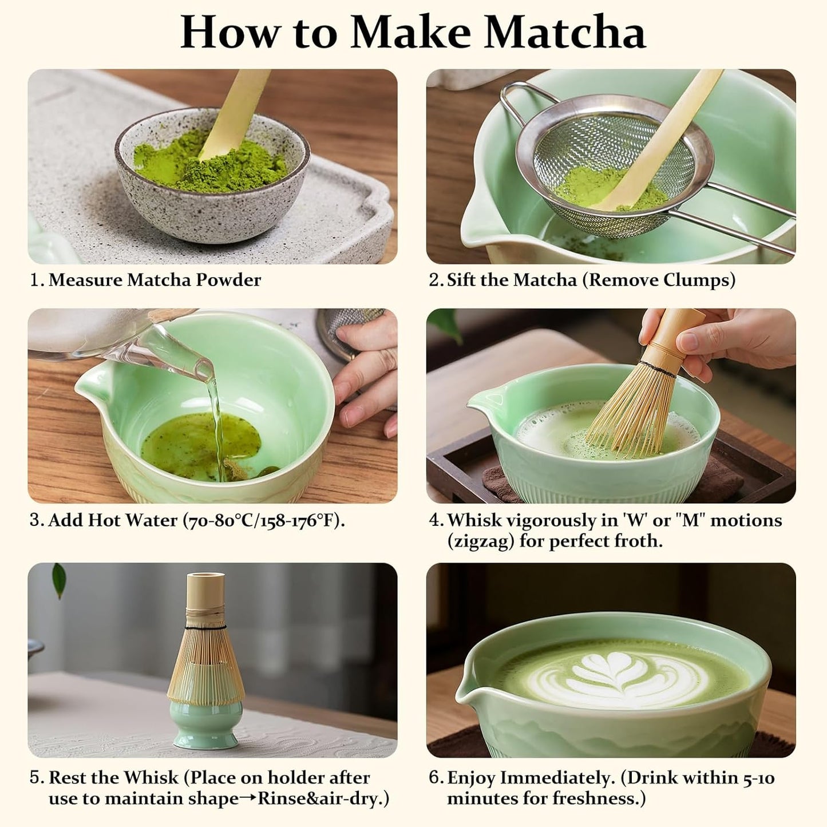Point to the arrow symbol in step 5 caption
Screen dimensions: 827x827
pos(248,799)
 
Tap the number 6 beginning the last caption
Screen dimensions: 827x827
pos(436,778)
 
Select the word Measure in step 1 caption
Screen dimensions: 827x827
pos(85,280)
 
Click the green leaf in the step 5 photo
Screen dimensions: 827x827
pos(59,580)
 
